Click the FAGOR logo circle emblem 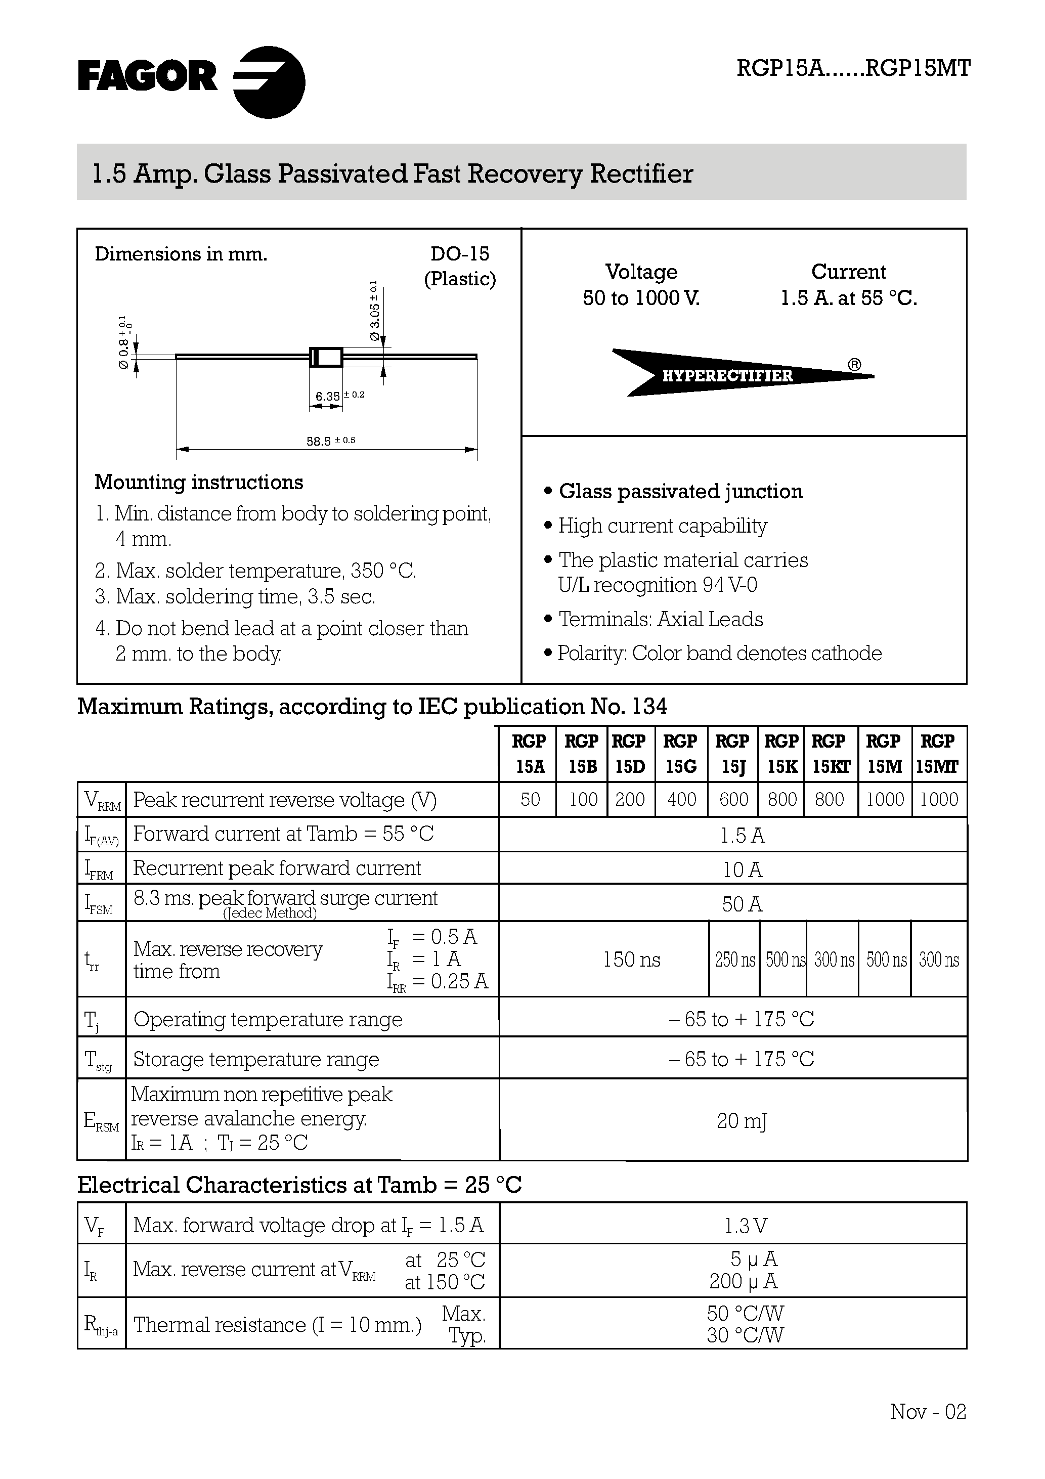click(x=269, y=82)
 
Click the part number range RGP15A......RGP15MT click(x=853, y=69)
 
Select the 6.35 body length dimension click(x=328, y=396)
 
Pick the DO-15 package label click(x=459, y=254)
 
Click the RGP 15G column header click(x=680, y=754)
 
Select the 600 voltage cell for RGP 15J click(x=733, y=799)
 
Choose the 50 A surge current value click(x=742, y=904)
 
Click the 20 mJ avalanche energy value click(x=742, y=1121)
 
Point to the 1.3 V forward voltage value click(x=745, y=1225)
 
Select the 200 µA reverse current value click(x=744, y=1281)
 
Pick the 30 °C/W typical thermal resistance click(x=745, y=1335)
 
